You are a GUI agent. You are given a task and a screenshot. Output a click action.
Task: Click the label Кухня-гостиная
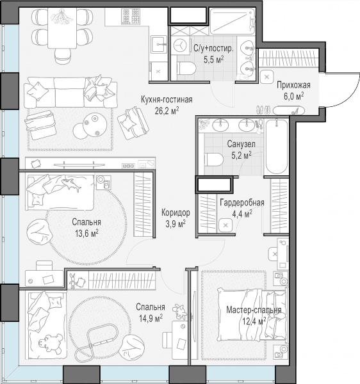tap(167, 100)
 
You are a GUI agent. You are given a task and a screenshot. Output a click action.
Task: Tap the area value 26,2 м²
tap(167, 111)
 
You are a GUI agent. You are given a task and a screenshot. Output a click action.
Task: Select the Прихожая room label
tap(293, 85)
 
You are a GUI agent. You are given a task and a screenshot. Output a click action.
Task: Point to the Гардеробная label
tap(242, 203)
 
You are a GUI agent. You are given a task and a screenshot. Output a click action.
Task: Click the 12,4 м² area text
tap(254, 321)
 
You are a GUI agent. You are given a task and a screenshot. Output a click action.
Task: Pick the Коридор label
tap(176, 212)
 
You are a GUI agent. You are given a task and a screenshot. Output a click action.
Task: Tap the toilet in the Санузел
tap(213, 159)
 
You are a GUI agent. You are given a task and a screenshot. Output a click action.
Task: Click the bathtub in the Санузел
tap(277, 147)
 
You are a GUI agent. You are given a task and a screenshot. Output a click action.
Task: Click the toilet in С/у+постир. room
tap(186, 68)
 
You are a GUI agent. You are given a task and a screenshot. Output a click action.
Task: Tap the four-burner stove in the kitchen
tap(130, 16)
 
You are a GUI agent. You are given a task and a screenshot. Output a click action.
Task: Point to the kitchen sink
tap(159, 44)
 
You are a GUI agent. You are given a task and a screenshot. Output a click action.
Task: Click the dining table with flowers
tap(62, 28)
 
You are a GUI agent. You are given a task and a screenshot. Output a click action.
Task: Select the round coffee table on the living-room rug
tap(94, 124)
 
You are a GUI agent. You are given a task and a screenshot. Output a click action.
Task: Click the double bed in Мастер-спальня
tap(252, 314)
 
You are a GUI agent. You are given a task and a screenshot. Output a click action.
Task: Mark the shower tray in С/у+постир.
tap(233, 21)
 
